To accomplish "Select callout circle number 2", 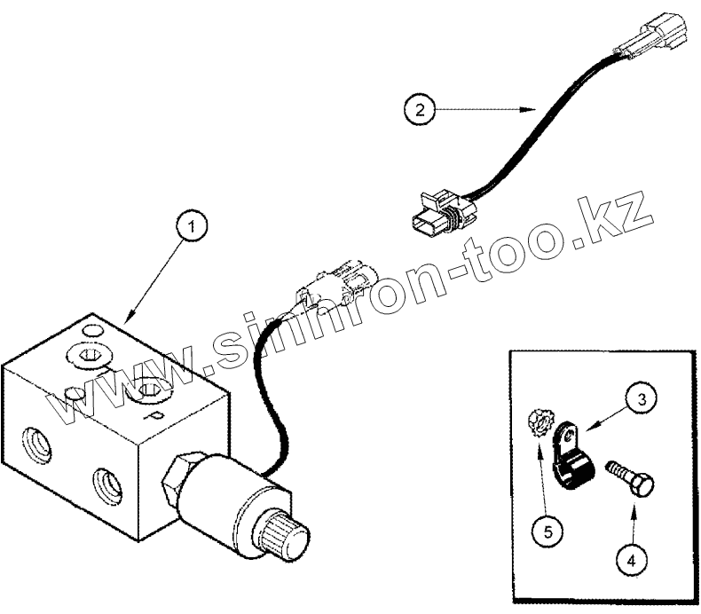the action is [420, 111].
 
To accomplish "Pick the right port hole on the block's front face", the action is [105, 483].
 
